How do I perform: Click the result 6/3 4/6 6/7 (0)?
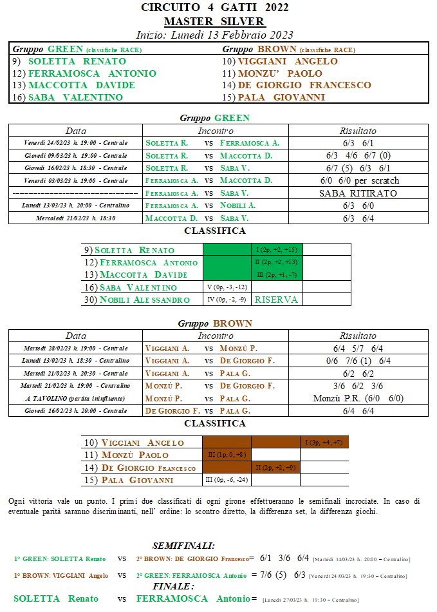point(358,156)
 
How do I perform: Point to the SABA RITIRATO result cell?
point(358,193)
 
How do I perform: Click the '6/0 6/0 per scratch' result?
point(358,180)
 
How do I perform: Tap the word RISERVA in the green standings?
point(276,300)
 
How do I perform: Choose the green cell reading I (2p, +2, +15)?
point(276,250)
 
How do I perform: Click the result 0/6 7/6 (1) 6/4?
point(358,361)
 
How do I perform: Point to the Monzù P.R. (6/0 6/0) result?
point(358,398)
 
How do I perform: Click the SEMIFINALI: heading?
point(183,546)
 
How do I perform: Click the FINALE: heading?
point(173,587)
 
